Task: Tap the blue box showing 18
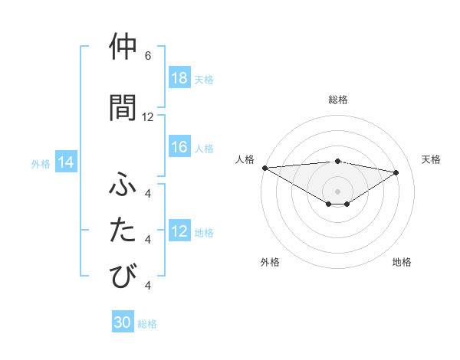pyautogui.click(x=179, y=79)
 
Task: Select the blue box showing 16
pyautogui.click(x=179, y=148)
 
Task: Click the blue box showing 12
pyautogui.click(x=179, y=232)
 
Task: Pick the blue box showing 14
pyautogui.click(x=66, y=162)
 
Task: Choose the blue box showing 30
pyautogui.click(x=123, y=322)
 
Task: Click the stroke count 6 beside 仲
pyautogui.click(x=148, y=56)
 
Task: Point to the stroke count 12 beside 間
pyautogui.click(x=148, y=116)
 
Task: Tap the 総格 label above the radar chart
pyautogui.click(x=337, y=100)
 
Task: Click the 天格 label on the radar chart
pyautogui.click(x=431, y=159)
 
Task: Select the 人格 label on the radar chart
pyautogui.click(x=245, y=159)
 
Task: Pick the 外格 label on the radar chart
pyautogui.click(x=270, y=262)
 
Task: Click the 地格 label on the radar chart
pyautogui.click(x=402, y=262)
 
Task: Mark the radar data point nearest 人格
pyautogui.click(x=264, y=168)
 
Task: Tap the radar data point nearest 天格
pyautogui.click(x=396, y=172)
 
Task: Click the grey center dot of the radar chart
pyautogui.click(x=337, y=191)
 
